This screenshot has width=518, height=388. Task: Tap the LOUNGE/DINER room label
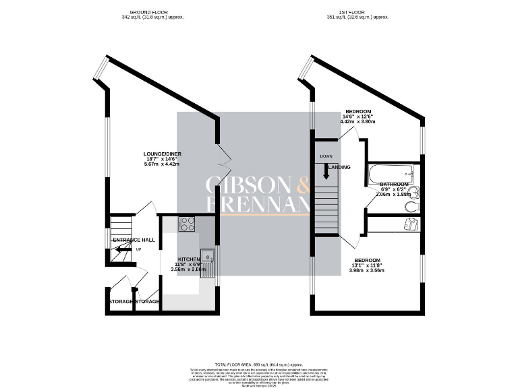tap(163, 154)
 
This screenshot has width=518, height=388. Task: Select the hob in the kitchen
tap(187, 225)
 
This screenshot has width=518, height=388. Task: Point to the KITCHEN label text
tap(190, 260)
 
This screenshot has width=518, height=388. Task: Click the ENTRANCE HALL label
tap(134, 240)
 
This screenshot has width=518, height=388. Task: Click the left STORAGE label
tap(121, 302)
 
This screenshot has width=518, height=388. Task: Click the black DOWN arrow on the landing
tap(326, 172)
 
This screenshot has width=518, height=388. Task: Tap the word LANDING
tap(339, 167)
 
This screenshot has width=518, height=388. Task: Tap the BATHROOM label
tap(394, 185)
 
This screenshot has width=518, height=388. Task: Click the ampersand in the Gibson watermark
tap(301, 185)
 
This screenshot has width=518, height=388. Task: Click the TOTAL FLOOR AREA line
tap(258, 363)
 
